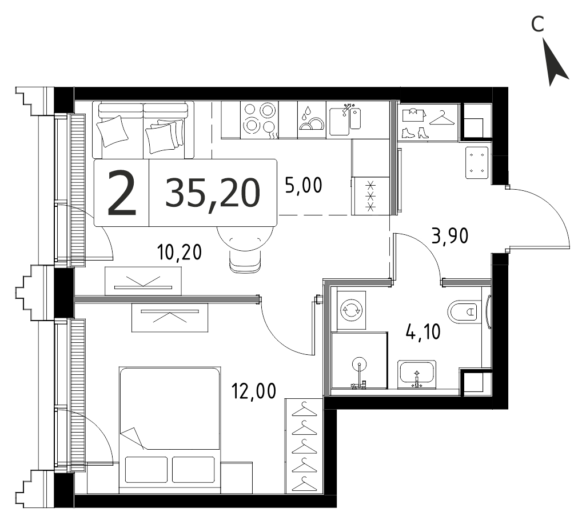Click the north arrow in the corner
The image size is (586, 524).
pyautogui.click(x=555, y=63)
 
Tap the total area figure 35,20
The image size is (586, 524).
pyautogui.click(x=213, y=193)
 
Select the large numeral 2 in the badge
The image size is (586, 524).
pyautogui.click(x=121, y=193)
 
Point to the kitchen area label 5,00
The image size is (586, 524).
pyautogui.click(x=304, y=185)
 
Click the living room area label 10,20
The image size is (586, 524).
pyautogui.click(x=180, y=252)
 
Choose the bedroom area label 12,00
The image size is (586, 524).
pyautogui.click(x=254, y=391)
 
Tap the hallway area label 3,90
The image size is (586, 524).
pyautogui.click(x=450, y=236)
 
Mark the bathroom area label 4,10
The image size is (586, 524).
pyautogui.click(x=424, y=331)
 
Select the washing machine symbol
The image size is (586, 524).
pyautogui.click(x=351, y=310)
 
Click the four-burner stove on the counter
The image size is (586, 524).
pyautogui.click(x=260, y=120)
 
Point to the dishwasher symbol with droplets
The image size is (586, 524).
pyautogui.click(x=312, y=120)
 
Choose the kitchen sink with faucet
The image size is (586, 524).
pyautogui.click(x=345, y=120)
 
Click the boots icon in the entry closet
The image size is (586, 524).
pyautogui.click(x=415, y=133)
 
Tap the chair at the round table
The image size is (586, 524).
pyautogui.click(x=245, y=262)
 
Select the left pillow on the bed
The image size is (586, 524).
pyautogui.click(x=146, y=470)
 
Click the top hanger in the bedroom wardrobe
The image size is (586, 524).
pyautogui.click(x=304, y=409)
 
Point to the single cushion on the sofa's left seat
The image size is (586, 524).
pyautogui.click(x=113, y=131)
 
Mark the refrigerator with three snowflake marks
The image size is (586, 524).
pyautogui.click(x=370, y=196)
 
